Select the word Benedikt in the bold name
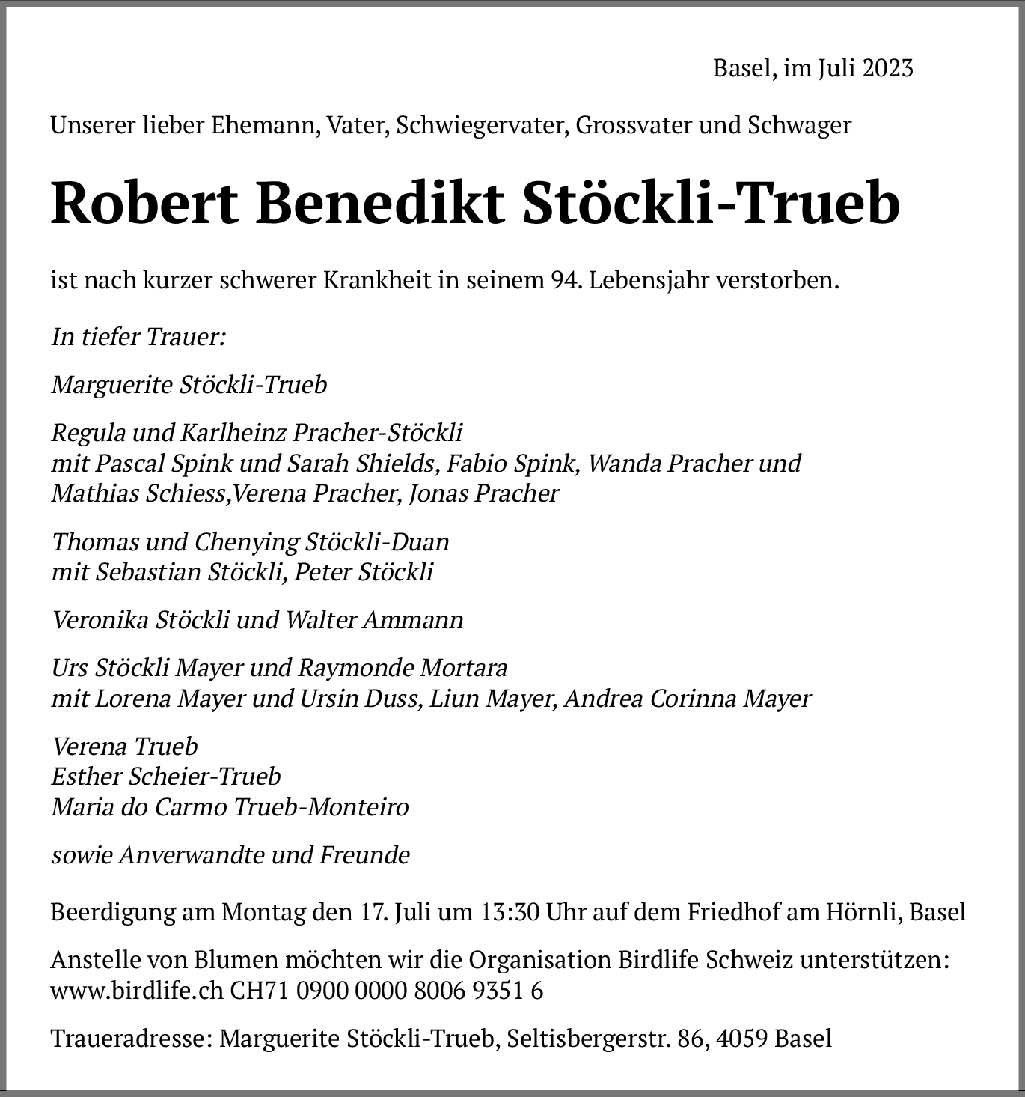click(380, 204)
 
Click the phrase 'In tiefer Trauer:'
click(138, 337)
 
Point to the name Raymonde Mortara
click(403, 667)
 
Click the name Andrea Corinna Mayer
click(688, 699)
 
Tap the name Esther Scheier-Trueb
click(166, 777)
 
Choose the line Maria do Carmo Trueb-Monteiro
click(230, 807)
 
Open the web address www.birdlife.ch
click(136, 991)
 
